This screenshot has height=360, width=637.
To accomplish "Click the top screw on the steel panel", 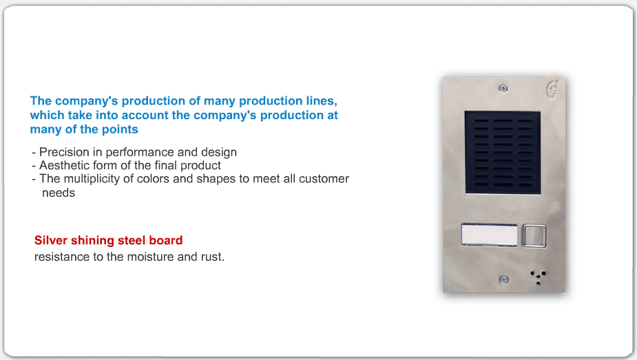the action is (503, 89).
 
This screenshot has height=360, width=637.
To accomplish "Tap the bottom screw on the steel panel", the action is (504, 279).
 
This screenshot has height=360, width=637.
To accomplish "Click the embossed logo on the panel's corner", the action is (552, 89).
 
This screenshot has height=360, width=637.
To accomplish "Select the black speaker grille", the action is (503, 152).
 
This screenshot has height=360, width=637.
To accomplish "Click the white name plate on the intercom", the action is (490, 235).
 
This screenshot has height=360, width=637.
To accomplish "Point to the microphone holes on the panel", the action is (539, 277).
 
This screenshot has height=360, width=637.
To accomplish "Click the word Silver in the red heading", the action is (51, 240).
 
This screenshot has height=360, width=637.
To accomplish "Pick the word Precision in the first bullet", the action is (64, 152).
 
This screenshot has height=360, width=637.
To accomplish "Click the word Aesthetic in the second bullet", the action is (65, 166).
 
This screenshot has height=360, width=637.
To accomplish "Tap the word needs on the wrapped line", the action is (59, 193).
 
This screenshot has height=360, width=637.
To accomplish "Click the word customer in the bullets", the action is (324, 179).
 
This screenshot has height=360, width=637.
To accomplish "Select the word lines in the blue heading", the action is (322, 101).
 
